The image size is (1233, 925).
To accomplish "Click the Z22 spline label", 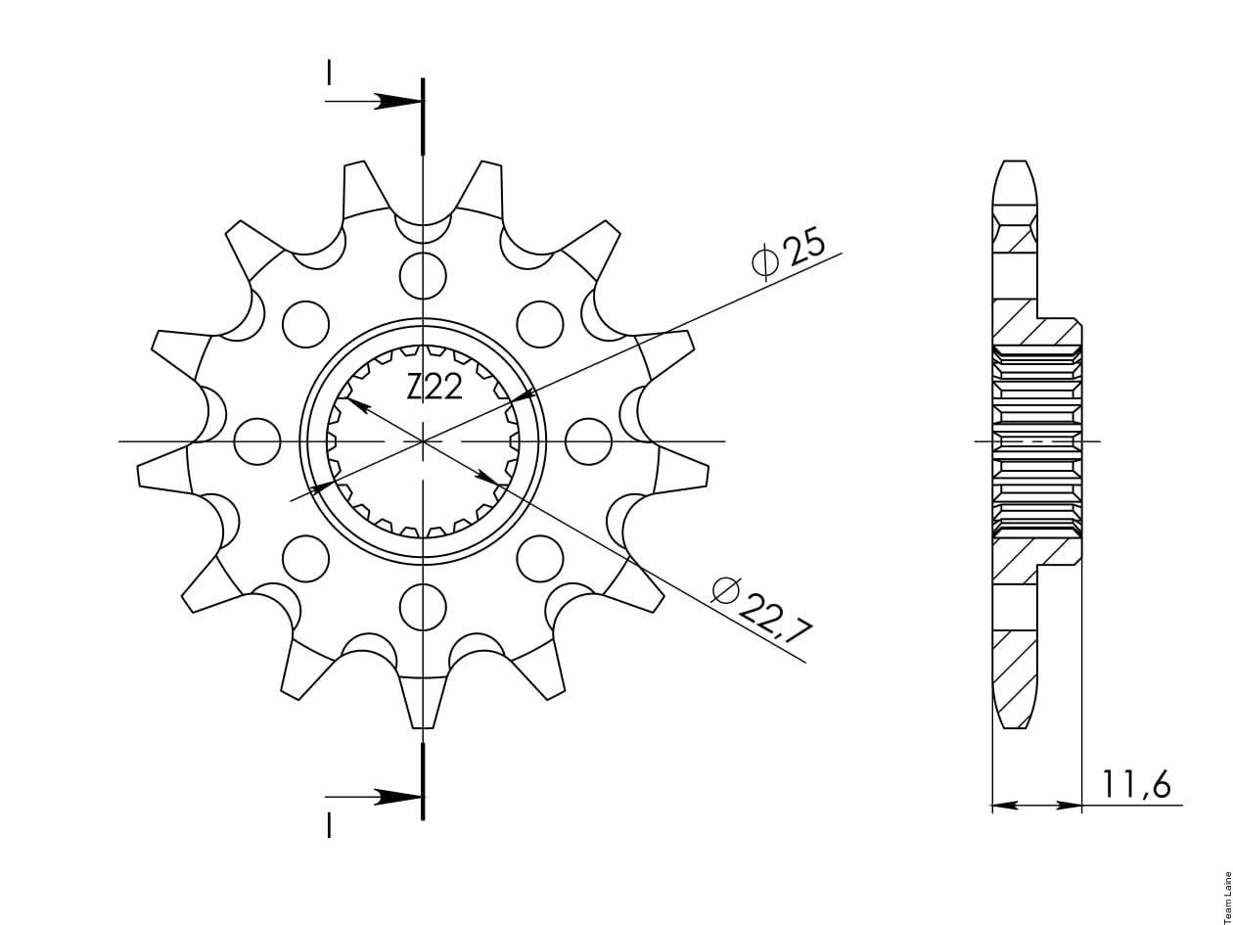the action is click(434, 388).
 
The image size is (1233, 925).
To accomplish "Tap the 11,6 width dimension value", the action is click(1136, 785).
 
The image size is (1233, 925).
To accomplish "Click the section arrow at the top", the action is click(373, 102).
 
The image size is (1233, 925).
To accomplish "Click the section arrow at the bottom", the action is click(373, 797).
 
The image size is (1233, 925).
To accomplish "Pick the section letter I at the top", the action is click(329, 73).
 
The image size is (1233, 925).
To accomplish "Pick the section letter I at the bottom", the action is click(329, 827).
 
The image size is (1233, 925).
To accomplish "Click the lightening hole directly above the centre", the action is click(423, 276).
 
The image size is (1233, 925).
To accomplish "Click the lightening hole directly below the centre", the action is click(423, 607).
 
